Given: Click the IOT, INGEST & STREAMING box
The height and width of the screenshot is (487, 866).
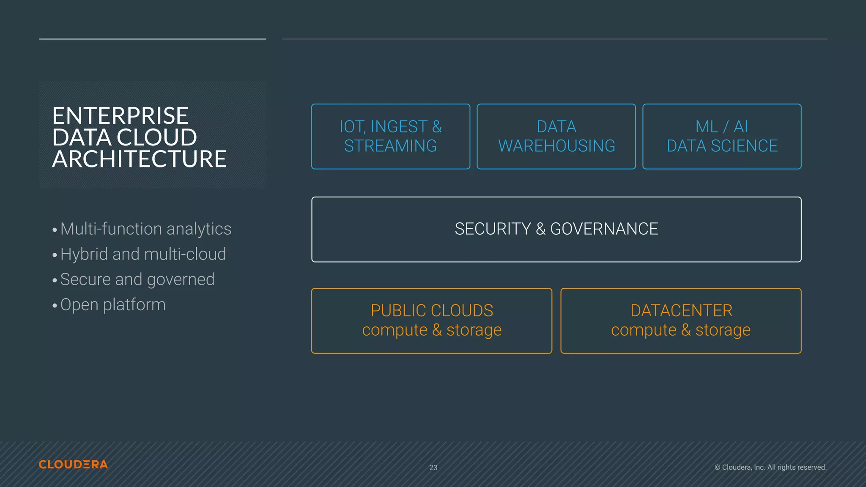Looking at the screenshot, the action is tap(390, 137).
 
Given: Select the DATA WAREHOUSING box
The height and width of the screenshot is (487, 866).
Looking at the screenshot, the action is tap(556, 137).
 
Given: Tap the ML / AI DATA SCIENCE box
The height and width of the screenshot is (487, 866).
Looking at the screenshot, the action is tap(722, 137).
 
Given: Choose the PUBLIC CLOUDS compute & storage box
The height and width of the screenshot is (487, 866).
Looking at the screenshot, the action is tap(431, 320).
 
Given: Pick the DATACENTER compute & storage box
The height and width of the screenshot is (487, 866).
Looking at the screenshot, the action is tap(681, 320).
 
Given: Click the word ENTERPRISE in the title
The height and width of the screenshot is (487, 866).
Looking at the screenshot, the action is tap(120, 116).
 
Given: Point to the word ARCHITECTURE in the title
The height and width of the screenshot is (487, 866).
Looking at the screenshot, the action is tap(139, 159).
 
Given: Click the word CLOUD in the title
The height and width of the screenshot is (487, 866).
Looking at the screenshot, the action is tap(157, 137).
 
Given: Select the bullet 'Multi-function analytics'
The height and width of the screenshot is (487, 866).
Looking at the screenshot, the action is tap(145, 229).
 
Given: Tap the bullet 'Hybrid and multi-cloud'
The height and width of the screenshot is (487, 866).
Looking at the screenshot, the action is tap(143, 254).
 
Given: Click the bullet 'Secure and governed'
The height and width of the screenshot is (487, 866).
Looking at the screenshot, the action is tap(137, 279).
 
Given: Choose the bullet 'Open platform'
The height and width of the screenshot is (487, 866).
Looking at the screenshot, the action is tap(112, 305).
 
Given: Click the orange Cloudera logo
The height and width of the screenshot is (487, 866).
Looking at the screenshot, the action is tap(73, 464).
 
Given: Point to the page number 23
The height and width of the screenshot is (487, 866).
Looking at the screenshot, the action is tap(433, 468).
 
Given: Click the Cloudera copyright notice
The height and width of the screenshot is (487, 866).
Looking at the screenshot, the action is tap(770, 467).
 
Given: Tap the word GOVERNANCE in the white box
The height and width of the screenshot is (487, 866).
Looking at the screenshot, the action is tap(604, 229).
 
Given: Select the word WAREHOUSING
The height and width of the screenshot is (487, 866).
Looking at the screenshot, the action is tap(556, 146).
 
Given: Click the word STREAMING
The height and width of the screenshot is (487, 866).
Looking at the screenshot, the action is tap(390, 146).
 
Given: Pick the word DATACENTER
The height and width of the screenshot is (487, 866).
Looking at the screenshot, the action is tap(681, 311).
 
